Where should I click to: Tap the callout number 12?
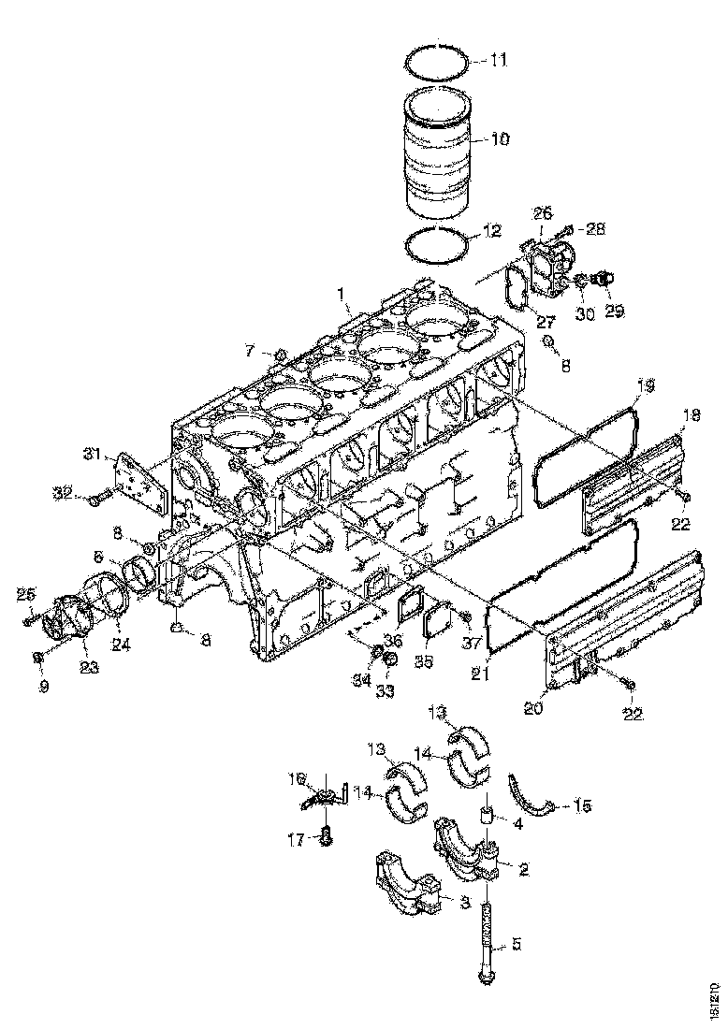(492, 230)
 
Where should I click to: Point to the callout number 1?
(345, 305)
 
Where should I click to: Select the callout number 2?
(523, 870)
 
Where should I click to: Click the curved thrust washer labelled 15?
(534, 795)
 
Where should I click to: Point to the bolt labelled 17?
(327, 837)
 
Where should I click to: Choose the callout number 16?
(298, 777)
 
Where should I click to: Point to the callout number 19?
(646, 384)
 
